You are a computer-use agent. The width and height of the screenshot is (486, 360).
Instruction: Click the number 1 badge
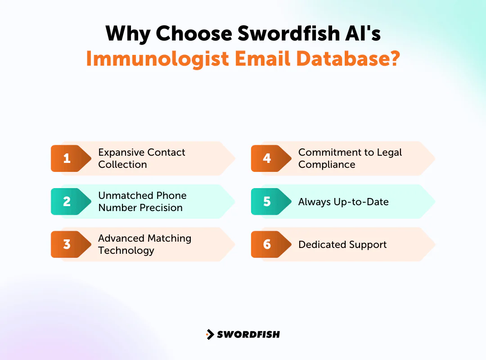click(x=67, y=158)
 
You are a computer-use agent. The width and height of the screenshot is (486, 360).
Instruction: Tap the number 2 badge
click(x=67, y=201)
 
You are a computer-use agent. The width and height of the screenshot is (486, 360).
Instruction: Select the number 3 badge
click(x=67, y=244)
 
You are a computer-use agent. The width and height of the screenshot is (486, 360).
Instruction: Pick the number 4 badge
click(x=267, y=158)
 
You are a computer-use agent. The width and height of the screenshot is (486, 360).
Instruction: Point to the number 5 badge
click(x=267, y=201)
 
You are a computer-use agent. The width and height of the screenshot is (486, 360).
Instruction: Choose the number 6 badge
click(x=267, y=244)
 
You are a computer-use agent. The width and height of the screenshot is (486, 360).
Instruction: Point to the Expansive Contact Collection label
click(x=141, y=158)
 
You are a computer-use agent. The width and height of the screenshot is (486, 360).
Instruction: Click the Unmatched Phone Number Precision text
click(x=142, y=201)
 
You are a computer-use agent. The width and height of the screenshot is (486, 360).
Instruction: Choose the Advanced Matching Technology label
click(x=144, y=244)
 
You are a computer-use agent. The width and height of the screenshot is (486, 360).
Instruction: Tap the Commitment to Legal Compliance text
click(x=350, y=158)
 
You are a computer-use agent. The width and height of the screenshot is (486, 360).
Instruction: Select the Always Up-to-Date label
click(x=343, y=202)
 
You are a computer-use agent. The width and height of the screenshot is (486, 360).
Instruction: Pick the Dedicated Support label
click(x=342, y=245)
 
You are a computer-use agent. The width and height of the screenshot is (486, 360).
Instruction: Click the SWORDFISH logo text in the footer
click(x=248, y=334)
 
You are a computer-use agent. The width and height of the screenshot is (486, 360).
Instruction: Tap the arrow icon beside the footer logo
click(x=210, y=334)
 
